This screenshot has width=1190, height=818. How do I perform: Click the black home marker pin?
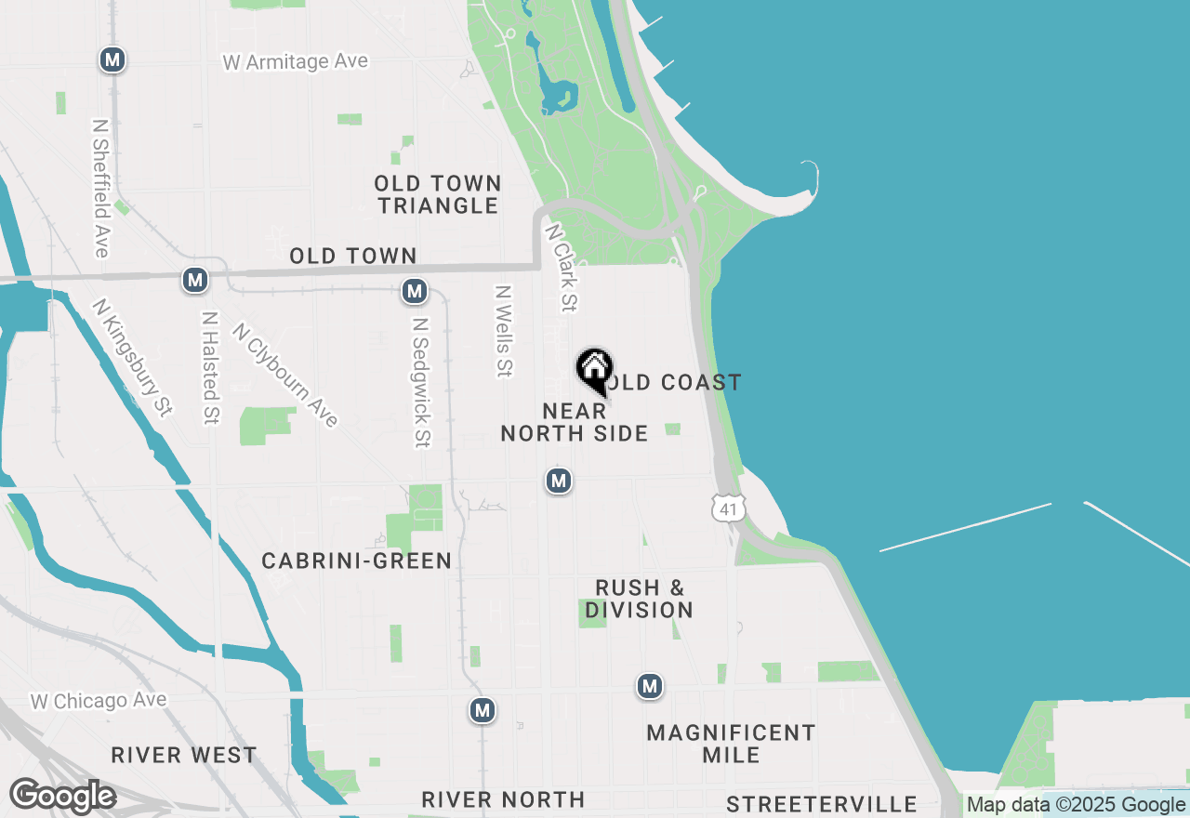[x=594, y=371]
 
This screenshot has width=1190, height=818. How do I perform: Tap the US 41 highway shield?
[x=725, y=507]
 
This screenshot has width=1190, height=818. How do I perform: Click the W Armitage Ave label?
[x=296, y=62]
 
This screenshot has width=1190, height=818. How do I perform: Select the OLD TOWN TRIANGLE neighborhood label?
[x=439, y=194]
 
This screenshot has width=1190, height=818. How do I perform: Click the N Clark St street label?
[x=562, y=267]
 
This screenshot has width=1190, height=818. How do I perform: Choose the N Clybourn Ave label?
[x=285, y=375]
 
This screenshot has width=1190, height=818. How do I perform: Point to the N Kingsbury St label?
[x=133, y=357]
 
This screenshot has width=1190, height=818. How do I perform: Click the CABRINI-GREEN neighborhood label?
[x=357, y=561]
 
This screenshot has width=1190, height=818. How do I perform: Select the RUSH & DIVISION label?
[x=640, y=599]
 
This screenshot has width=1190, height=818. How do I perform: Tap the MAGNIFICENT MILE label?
[x=731, y=744]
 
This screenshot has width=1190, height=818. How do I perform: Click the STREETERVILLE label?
[x=822, y=804]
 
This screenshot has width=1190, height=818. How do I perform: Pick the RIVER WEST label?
[x=184, y=755]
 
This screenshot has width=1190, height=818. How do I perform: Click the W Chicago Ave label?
[x=99, y=701]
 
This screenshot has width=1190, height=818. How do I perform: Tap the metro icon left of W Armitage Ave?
[x=112, y=60]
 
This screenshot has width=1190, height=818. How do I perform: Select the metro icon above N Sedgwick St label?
[x=415, y=291]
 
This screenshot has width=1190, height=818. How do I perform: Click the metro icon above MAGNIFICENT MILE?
[x=650, y=687]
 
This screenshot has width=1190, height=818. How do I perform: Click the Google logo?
[x=62, y=797]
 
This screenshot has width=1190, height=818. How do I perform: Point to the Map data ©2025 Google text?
[x=1076, y=805]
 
